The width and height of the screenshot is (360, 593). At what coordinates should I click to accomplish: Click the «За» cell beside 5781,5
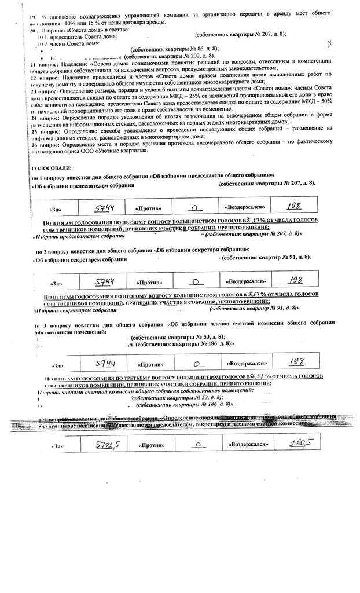click(56, 446)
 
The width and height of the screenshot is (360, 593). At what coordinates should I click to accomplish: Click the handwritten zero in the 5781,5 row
click(196, 445)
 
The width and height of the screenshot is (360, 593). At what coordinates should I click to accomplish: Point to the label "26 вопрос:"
click(43, 144)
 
